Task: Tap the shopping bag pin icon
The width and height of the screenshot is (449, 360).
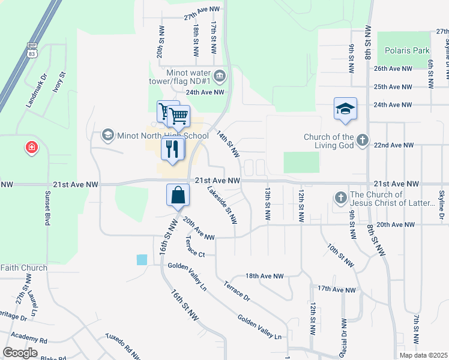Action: click(178, 195)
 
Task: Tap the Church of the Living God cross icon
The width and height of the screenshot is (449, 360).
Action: click(361, 140)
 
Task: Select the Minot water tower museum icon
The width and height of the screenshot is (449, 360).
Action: click(220, 76)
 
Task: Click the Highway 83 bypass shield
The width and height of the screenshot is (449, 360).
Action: click(32, 50)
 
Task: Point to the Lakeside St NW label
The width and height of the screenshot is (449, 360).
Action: click(222, 205)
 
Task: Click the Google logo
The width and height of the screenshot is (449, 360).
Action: click(20, 353)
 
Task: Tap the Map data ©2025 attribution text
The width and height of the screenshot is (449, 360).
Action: click(423, 355)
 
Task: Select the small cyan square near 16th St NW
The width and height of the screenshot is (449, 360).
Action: click(142, 260)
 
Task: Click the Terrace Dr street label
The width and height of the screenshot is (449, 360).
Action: click(237, 290)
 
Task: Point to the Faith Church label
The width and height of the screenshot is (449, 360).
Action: click(23, 268)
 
